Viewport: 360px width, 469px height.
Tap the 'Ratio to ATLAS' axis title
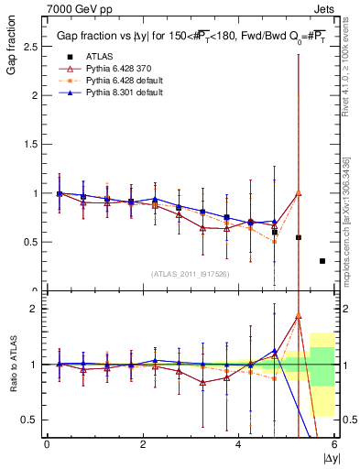point(12,366)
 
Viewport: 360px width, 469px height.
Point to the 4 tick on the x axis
point(238,444)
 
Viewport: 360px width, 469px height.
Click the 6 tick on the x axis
point(334,444)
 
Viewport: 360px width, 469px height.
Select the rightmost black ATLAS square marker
point(322,261)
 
